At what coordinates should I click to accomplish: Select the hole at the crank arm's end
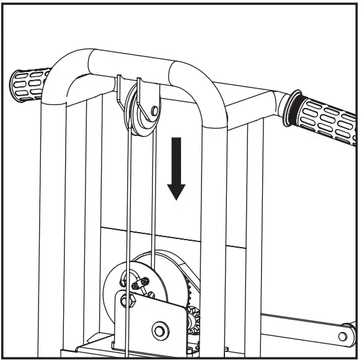tap(342, 336)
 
